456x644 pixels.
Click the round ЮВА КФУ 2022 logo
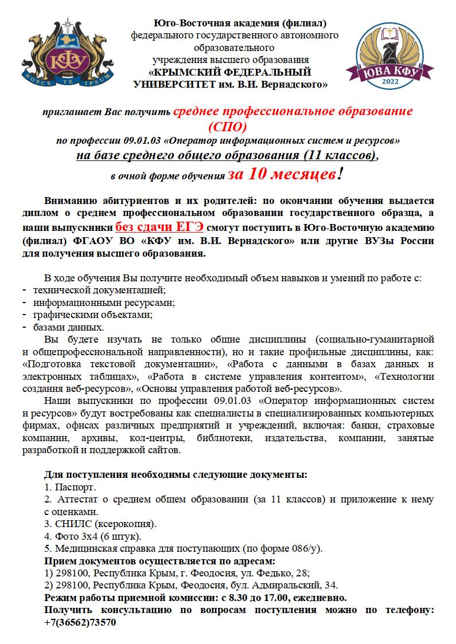pos(389,57)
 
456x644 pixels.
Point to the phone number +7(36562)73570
pos(80,622)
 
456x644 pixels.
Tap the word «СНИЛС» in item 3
pos(71,524)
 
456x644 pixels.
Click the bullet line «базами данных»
pos(68,328)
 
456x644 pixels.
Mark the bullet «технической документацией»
pos(99,290)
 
